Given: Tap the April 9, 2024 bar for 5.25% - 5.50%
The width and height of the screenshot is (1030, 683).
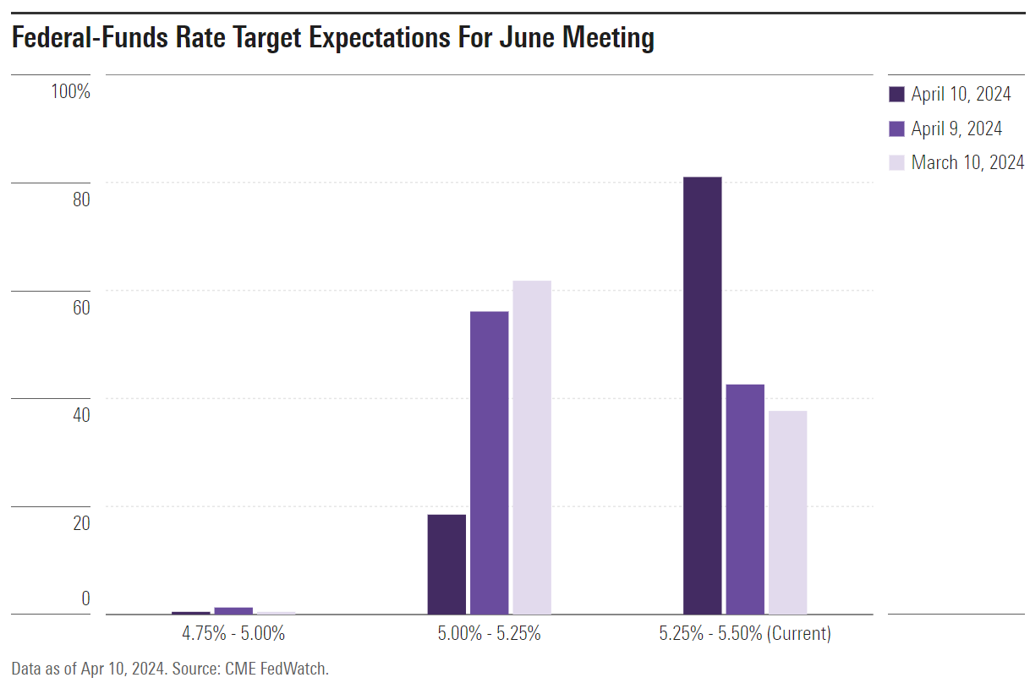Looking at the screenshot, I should [x=745, y=499].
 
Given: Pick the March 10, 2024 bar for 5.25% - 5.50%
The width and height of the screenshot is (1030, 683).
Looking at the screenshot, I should [x=787, y=512].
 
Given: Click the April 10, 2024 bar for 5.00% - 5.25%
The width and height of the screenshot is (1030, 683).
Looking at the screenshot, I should [x=447, y=564].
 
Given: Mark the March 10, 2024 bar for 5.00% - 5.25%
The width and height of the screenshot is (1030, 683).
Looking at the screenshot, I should [x=532, y=447].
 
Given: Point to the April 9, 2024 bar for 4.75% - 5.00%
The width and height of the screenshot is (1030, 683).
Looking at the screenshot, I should [x=233, y=610].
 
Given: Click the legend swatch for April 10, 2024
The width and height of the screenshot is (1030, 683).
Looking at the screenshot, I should [x=896, y=94].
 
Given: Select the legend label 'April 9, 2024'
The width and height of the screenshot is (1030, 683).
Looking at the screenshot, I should [x=956, y=128].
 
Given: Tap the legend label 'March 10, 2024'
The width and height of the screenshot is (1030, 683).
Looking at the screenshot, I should [x=967, y=162].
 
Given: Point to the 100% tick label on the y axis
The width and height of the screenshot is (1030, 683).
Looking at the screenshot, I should [x=70, y=91].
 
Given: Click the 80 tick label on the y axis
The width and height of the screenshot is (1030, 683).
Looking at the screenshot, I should [x=80, y=199].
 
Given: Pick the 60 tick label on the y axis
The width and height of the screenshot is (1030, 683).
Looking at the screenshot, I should [x=80, y=308].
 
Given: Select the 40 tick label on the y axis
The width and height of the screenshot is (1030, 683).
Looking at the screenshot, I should [x=80, y=415].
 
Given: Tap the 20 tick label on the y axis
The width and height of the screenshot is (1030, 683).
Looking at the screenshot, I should [x=80, y=523].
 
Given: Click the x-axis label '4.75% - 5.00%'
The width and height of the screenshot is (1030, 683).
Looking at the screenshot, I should [x=233, y=633].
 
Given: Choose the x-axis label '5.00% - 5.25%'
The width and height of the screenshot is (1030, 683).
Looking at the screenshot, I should [x=489, y=633].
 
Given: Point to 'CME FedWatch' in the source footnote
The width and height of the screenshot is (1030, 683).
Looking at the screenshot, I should [x=277, y=669].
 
